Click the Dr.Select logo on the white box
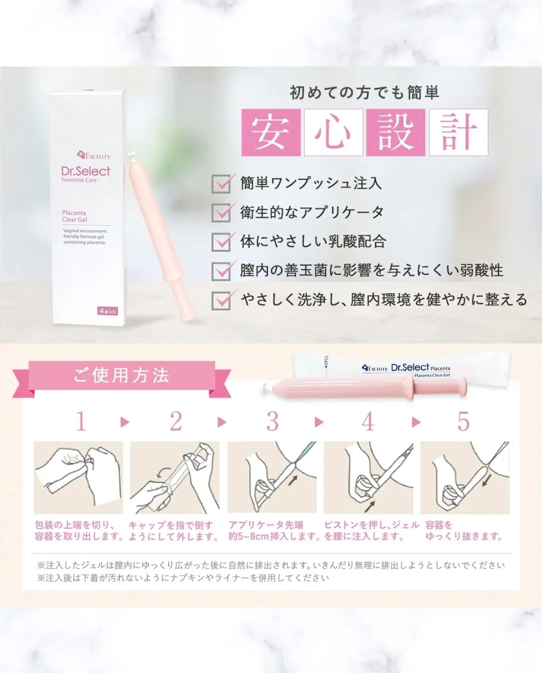coord(86,171)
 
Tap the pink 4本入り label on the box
coord(107,311)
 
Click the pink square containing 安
coord(270,132)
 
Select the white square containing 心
coord(333,132)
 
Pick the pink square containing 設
coord(395,132)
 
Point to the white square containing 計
coord(458,132)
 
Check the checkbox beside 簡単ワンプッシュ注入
coord(221,184)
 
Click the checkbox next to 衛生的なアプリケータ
coord(221,212)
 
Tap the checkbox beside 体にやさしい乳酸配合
coord(221,241)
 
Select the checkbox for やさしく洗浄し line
coord(221,300)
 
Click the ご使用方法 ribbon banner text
coord(121,375)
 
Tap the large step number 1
coord(81,422)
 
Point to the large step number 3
coord(273,422)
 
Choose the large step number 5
coord(463,422)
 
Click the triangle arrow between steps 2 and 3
coord(221,422)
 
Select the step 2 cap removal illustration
coord(175,477)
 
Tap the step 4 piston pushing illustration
coord(368,477)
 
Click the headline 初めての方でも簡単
coord(364,93)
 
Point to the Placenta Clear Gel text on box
coord(74,216)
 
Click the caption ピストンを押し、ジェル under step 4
coord(371,525)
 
